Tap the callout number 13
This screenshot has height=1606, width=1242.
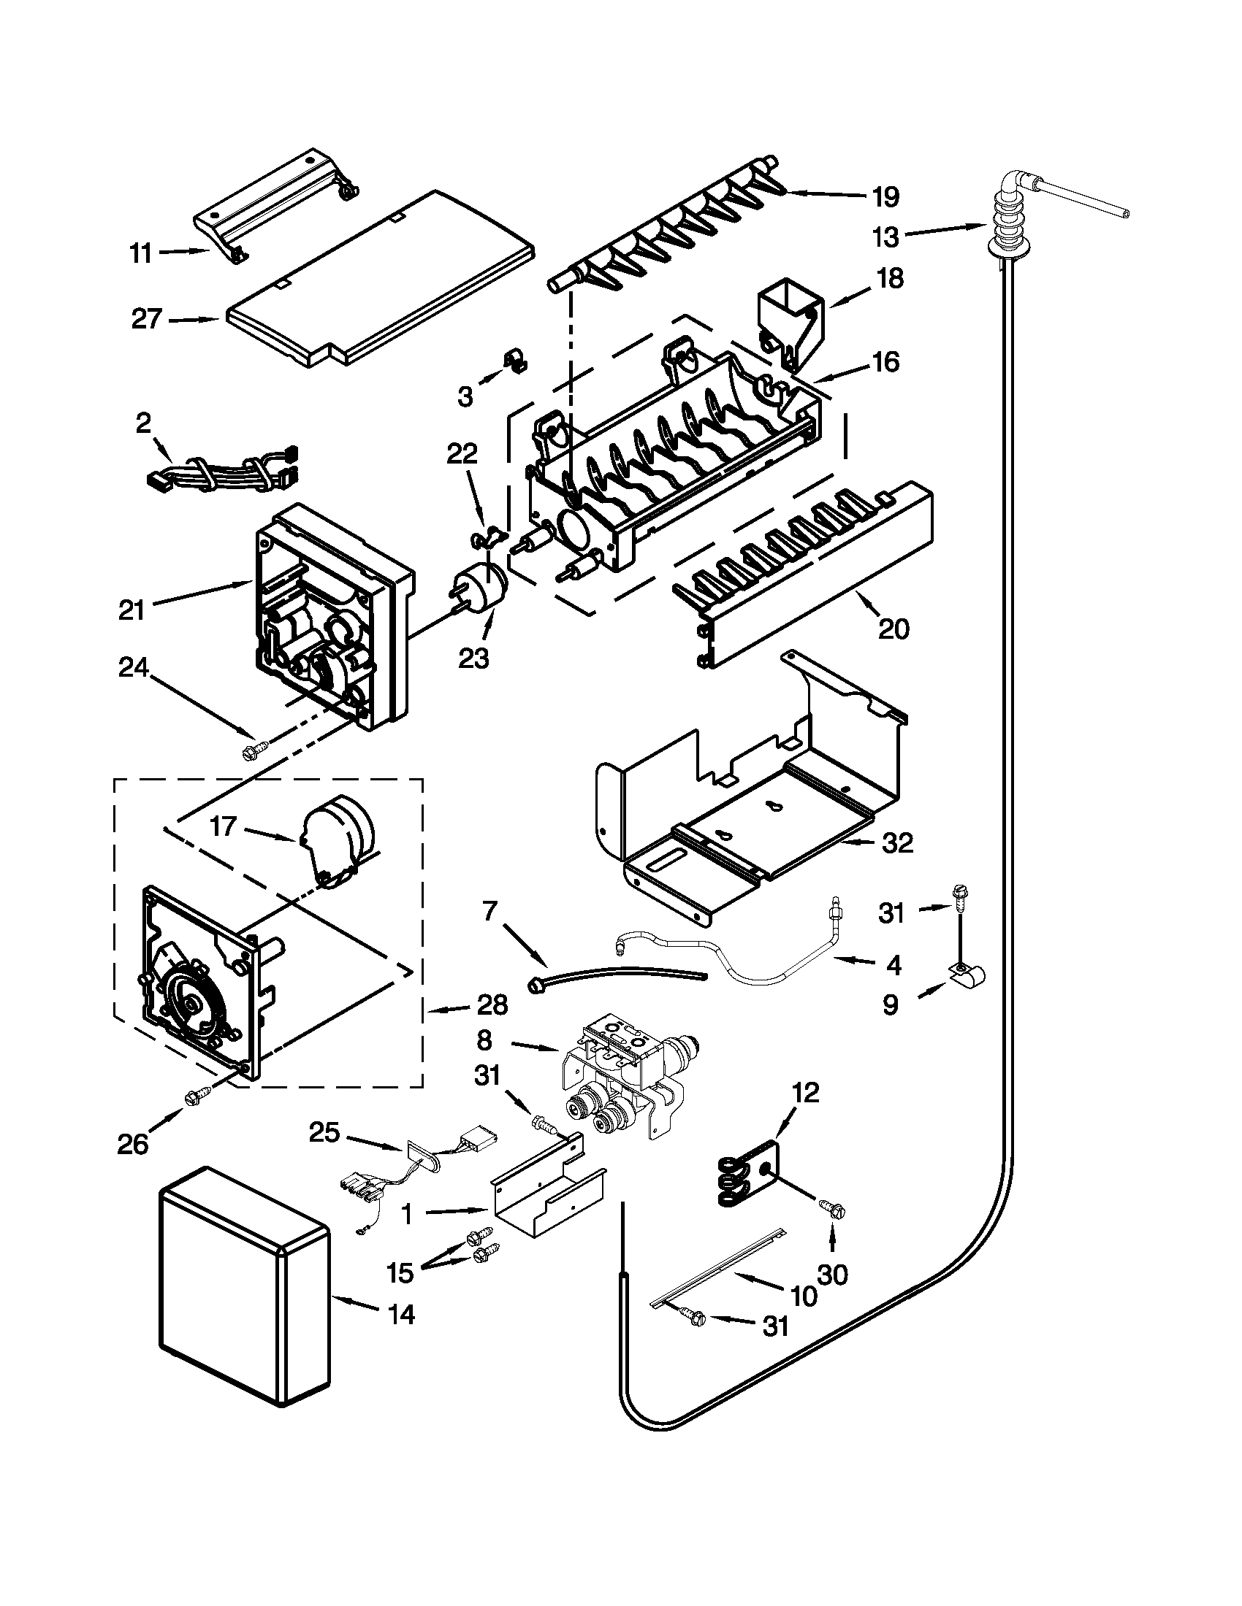pyautogui.click(x=885, y=237)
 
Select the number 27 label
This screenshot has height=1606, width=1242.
pyautogui.click(x=147, y=320)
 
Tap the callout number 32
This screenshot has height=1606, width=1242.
pyautogui.click(x=897, y=842)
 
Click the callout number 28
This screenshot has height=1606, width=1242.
pyautogui.click(x=492, y=1004)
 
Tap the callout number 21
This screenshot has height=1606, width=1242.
pyautogui.click(x=132, y=610)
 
